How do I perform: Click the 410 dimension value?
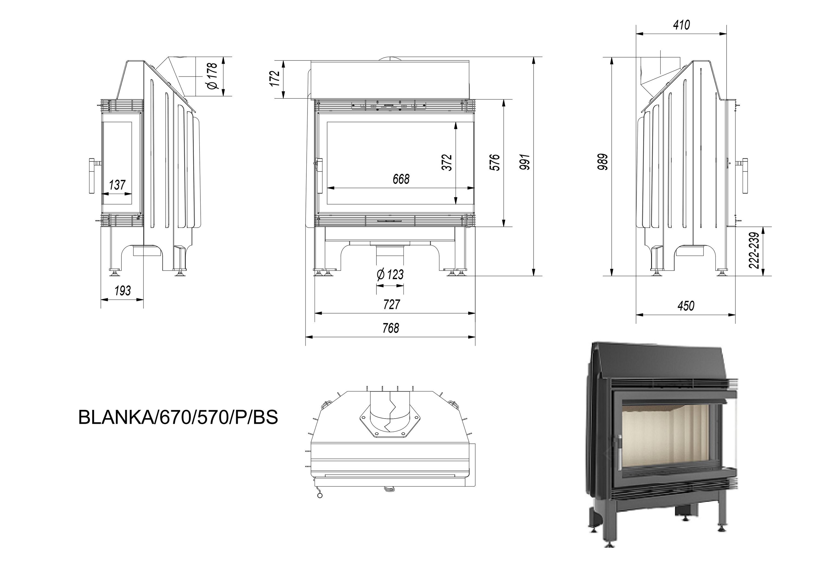click(681, 25)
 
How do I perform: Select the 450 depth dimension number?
click(686, 306)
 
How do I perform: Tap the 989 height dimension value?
click(603, 161)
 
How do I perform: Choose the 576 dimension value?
click(495, 162)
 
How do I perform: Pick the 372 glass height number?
click(447, 162)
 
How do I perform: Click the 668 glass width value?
click(401, 179)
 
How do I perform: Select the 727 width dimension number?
click(391, 304)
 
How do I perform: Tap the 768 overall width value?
click(391, 328)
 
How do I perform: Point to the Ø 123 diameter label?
click(390, 275)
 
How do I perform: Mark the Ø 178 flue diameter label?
click(212, 76)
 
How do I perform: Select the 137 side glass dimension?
click(117, 185)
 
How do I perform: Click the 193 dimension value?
click(122, 291)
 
